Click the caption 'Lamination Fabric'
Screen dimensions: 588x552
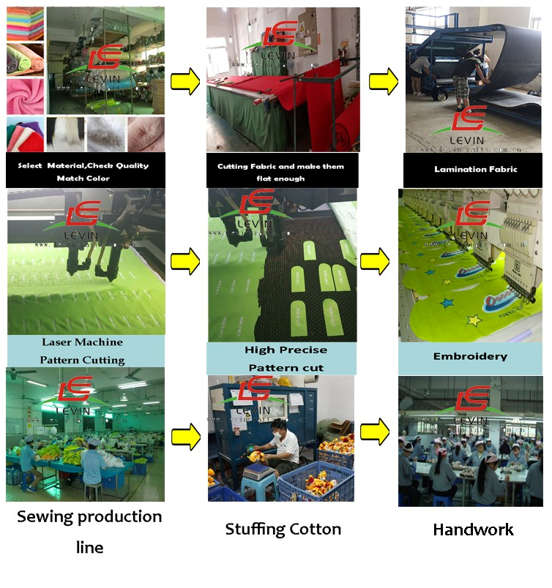tap(475, 169)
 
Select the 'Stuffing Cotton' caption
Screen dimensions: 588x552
tap(283, 529)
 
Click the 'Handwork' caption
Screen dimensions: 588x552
tap(473, 529)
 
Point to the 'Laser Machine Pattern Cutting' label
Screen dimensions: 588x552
tap(83, 350)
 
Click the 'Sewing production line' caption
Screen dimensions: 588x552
tap(89, 532)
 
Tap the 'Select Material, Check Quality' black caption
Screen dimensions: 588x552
tap(83, 171)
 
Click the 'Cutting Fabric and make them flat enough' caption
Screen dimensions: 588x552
tap(280, 172)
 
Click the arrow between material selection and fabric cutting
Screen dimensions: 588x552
tap(185, 80)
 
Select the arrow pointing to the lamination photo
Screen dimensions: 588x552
tap(383, 80)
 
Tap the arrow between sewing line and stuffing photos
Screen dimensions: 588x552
tap(185, 437)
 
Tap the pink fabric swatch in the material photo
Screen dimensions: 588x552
tap(25, 95)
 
